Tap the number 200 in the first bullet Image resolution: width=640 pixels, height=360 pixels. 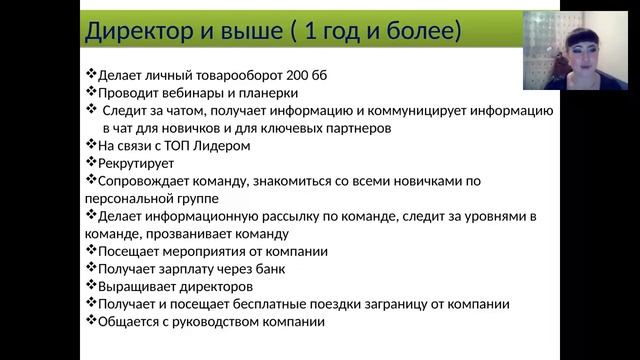click(297, 76)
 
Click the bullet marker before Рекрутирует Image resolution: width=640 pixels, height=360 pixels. click(91, 162)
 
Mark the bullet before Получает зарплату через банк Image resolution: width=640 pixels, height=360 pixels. click(91, 268)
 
